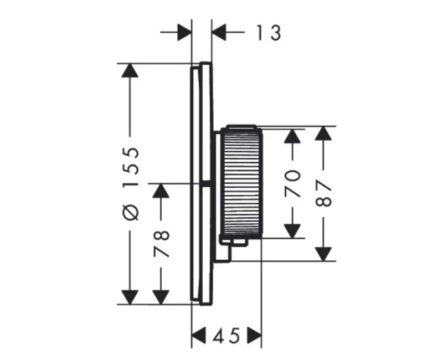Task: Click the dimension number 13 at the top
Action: coord(269,33)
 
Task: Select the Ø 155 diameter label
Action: coord(131,184)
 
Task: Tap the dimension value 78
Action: coord(162,244)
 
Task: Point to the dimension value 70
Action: coord(292,184)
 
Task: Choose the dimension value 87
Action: coord(323,193)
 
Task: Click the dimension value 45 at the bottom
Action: coord(226,336)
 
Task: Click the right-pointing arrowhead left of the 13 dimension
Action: coord(184,32)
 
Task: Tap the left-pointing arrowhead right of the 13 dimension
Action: coord(219,32)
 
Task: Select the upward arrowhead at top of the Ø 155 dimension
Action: coord(130,70)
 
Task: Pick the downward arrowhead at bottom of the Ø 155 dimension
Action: coord(130,297)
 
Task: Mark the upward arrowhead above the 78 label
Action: coord(161,191)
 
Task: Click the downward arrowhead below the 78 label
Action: coord(161,297)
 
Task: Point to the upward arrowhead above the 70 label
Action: coord(292,136)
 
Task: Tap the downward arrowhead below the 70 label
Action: coord(292,231)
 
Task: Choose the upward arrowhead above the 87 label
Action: coord(323,133)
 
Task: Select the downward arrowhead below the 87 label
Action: coord(323,254)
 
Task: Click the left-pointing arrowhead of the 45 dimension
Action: coord(199,336)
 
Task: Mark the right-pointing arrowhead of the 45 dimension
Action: coord(255,336)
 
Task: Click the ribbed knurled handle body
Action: coord(241,182)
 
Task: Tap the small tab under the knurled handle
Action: coord(234,243)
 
